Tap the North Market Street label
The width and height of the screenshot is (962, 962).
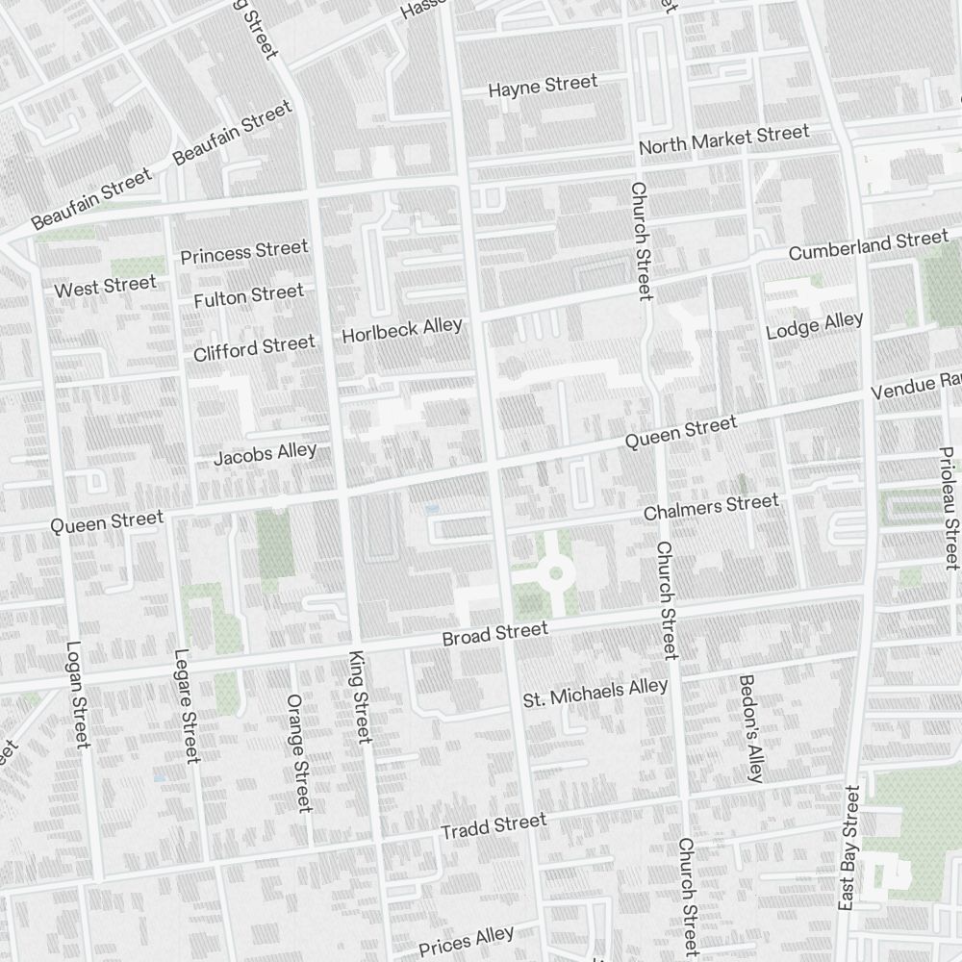[724, 139]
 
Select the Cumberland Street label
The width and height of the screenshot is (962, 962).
[868, 245]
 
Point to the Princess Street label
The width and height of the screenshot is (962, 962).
[244, 252]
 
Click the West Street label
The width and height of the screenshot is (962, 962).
[105, 287]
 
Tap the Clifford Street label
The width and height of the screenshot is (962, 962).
[254, 347]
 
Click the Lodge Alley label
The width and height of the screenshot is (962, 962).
[814, 325]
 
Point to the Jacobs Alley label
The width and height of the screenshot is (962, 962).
[265, 454]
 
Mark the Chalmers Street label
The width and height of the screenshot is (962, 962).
[711, 506]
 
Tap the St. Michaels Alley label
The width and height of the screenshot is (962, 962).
[595, 693]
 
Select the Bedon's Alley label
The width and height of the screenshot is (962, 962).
[750, 727]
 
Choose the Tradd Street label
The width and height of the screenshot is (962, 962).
[493, 825]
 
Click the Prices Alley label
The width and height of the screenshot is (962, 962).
[467, 940]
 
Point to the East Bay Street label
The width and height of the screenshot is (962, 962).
[848, 847]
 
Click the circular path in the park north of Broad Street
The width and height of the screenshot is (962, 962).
[555, 574]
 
